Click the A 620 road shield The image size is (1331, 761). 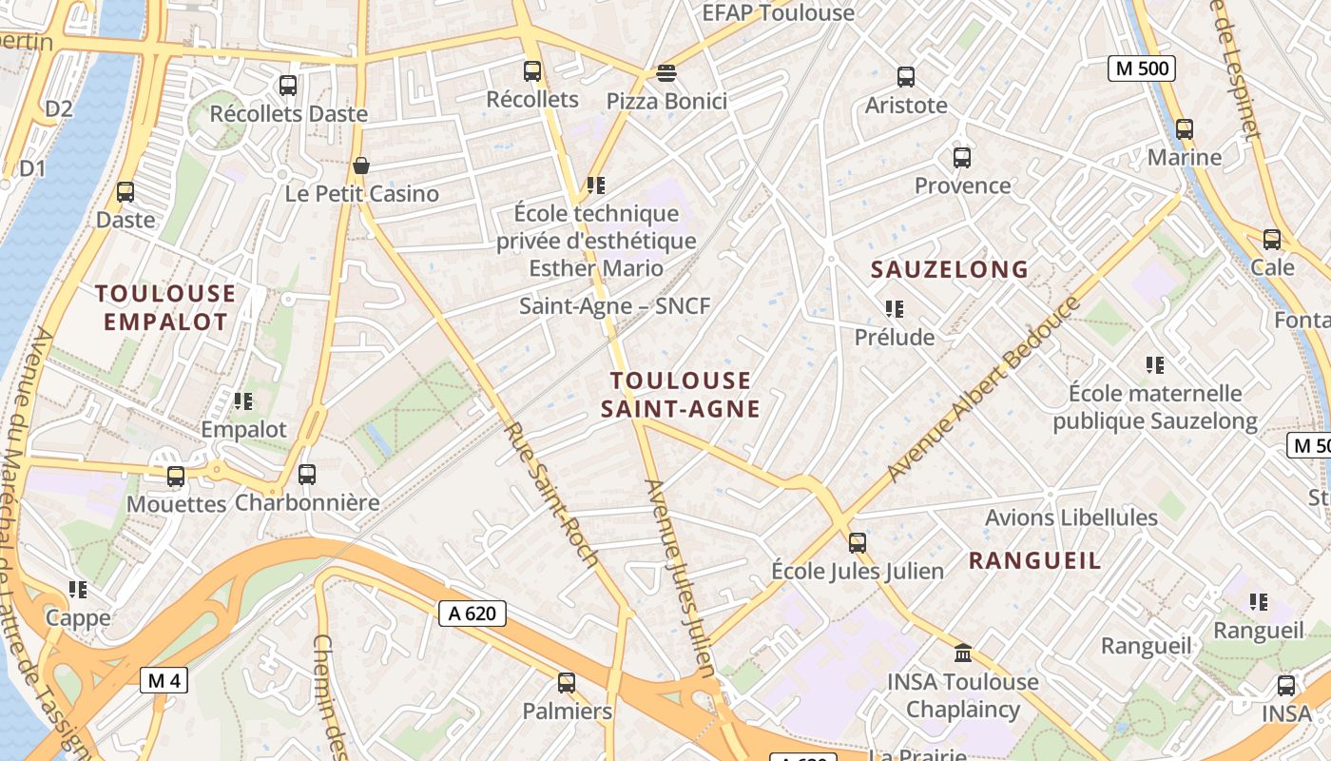473,614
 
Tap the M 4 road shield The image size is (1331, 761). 164,680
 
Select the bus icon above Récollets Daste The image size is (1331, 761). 288,86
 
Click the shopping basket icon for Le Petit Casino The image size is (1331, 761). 360,166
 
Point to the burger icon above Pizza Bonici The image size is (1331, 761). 666,73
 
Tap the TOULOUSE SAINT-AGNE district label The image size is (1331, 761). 680,395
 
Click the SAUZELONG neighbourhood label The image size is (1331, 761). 950,270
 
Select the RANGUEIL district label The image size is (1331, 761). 1034,561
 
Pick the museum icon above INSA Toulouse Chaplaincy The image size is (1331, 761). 963,654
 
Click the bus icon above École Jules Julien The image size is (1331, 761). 858,543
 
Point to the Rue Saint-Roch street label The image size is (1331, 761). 550,495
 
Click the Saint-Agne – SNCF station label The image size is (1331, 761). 615,306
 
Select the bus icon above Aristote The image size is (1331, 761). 906,77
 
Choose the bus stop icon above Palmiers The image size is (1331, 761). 567,682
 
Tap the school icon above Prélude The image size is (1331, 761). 894,309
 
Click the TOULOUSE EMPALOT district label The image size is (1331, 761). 165,307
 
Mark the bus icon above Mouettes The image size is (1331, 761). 176,476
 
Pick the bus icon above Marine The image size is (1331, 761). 1184,128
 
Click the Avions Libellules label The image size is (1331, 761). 1071,518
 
